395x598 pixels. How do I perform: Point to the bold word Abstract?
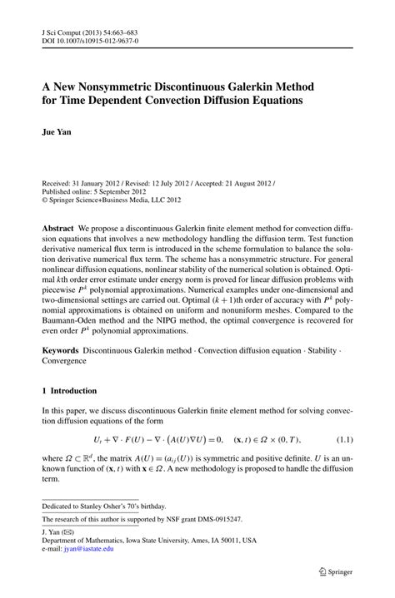click(x=61, y=226)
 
